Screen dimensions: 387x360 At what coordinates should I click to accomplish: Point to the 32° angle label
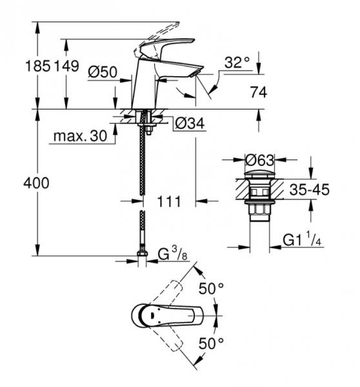237,63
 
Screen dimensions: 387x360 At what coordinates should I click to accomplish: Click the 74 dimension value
258,93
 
